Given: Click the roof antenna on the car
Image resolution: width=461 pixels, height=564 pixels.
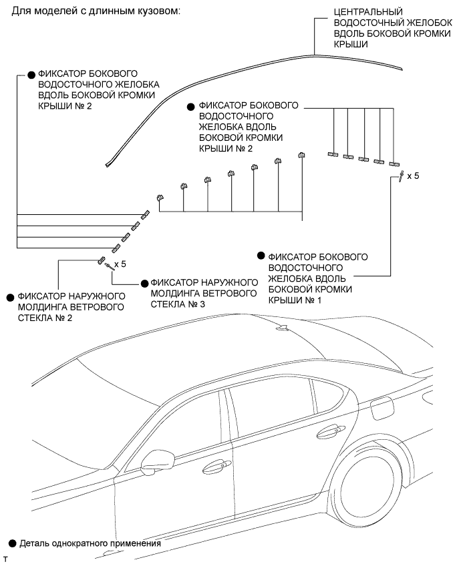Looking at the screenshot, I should tap(283, 327).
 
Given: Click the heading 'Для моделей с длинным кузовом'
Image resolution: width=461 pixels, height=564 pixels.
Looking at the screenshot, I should tap(92, 13).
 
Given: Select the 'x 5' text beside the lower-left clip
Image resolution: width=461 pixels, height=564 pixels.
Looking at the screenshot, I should tap(120, 264).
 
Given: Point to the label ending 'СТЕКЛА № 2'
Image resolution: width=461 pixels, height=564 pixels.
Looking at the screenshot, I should tap(71, 306).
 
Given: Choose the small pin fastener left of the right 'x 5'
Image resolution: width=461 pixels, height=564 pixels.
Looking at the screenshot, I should tap(400, 177).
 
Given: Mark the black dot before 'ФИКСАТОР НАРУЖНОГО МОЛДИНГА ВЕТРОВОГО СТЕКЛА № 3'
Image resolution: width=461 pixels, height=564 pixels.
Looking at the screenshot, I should tap(144, 283).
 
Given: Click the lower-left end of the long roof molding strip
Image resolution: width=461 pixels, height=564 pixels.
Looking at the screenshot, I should tap(108, 162).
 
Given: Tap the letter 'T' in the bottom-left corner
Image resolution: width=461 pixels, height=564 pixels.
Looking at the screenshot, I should tap(5, 557).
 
